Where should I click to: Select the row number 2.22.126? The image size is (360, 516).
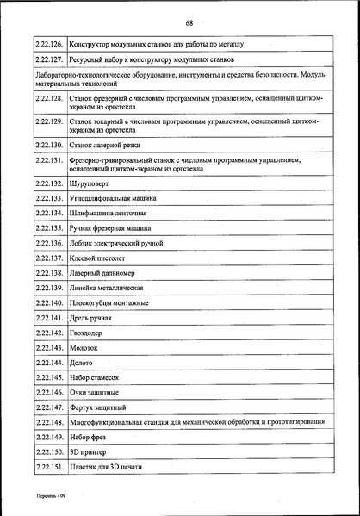click(x=50, y=43)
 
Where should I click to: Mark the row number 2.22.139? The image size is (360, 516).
click(x=50, y=288)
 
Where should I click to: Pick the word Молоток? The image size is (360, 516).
click(x=85, y=347)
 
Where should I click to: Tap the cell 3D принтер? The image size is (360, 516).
click(x=89, y=451)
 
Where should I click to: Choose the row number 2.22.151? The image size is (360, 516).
click(x=50, y=467)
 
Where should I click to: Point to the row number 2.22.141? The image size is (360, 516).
click(x=50, y=318)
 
